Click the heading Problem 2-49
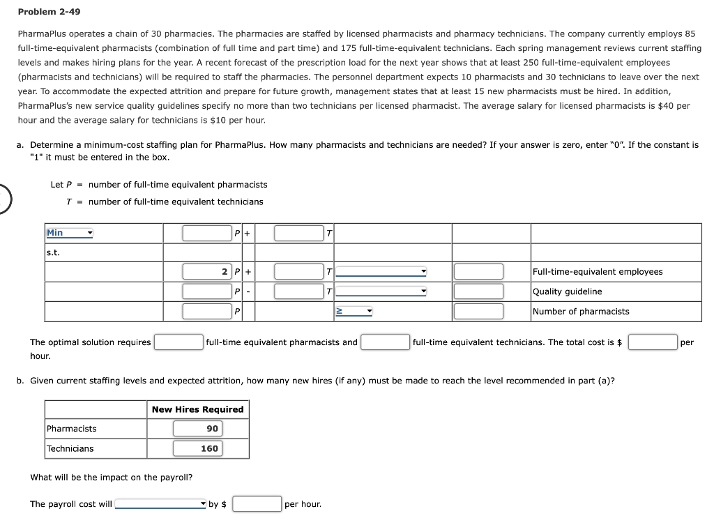point(45,12)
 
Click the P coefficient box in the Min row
point(207,233)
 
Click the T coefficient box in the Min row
point(298,233)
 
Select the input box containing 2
point(207,272)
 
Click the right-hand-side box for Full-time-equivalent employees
point(478,272)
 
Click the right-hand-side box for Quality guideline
point(478,291)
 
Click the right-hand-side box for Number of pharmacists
point(478,312)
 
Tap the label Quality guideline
point(567,291)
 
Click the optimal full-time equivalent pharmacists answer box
point(178,342)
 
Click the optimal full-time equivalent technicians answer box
point(385,342)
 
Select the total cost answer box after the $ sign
point(653,342)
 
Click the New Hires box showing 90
point(197,429)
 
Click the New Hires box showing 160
point(197,449)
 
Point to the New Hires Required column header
point(197,409)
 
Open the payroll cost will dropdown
point(161,504)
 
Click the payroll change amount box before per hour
point(257,504)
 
